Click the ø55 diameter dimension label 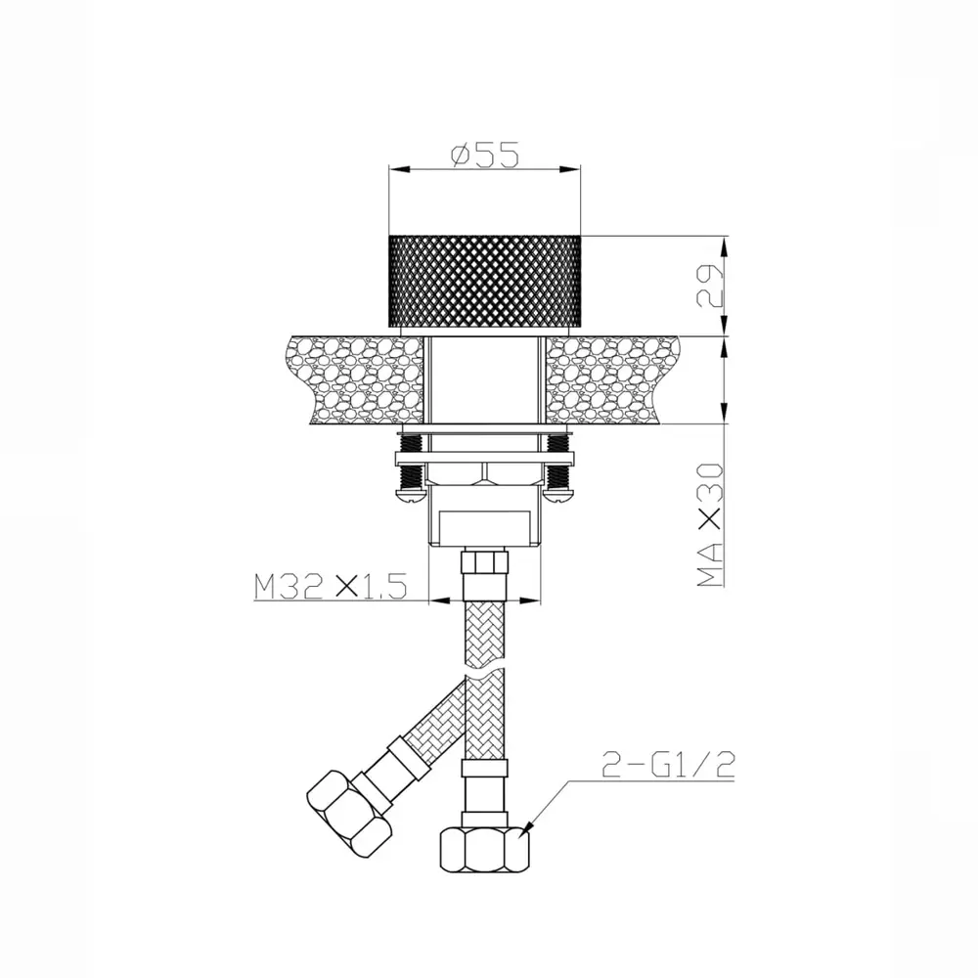[485, 155]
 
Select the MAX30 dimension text [709, 524]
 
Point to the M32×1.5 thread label [331, 586]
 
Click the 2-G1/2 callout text [668, 764]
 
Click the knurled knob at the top [485, 281]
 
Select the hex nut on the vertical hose [484, 850]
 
